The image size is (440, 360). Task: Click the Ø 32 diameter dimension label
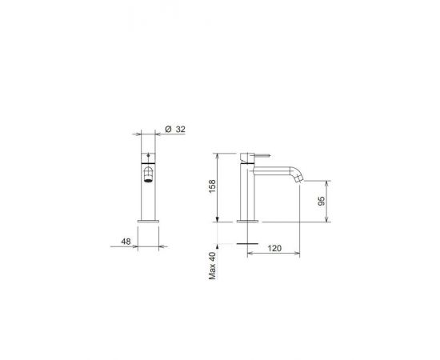click(x=175, y=130)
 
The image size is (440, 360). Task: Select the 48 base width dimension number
click(x=126, y=242)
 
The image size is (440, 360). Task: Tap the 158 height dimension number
click(x=213, y=186)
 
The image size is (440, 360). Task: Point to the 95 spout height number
click(x=322, y=201)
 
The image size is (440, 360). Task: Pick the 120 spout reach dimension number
click(x=274, y=248)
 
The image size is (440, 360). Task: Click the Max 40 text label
click(x=213, y=266)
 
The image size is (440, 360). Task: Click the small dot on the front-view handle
click(x=148, y=155)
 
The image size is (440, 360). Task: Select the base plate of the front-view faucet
click(x=148, y=221)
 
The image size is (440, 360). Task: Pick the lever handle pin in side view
click(x=262, y=155)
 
